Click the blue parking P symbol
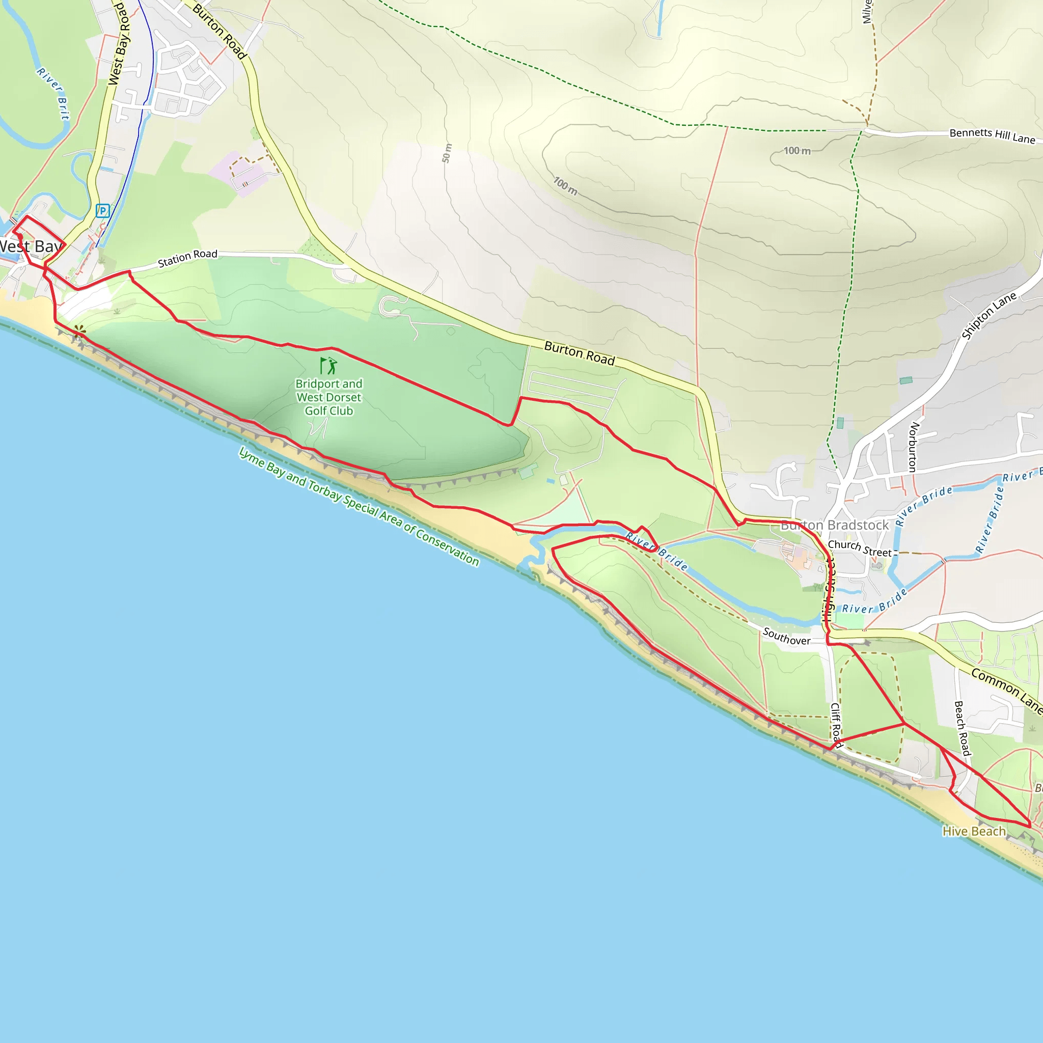click(x=102, y=210)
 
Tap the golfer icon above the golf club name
click(x=328, y=366)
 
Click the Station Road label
click(x=187, y=258)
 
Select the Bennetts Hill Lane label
click(x=992, y=135)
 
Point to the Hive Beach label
click(x=974, y=831)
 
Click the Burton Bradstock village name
click(x=834, y=525)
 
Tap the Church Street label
click(x=860, y=548)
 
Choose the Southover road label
click(x=786, y=637)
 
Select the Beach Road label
click(x=962, y=728)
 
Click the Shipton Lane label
click(x=989, y=315)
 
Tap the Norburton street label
click(x=914, y=447)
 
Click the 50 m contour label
click(x=447, y=153)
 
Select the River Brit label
click(x=53, y=93)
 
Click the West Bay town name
click(x=30, y=246)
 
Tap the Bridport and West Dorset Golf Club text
click(x=329, y=397)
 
